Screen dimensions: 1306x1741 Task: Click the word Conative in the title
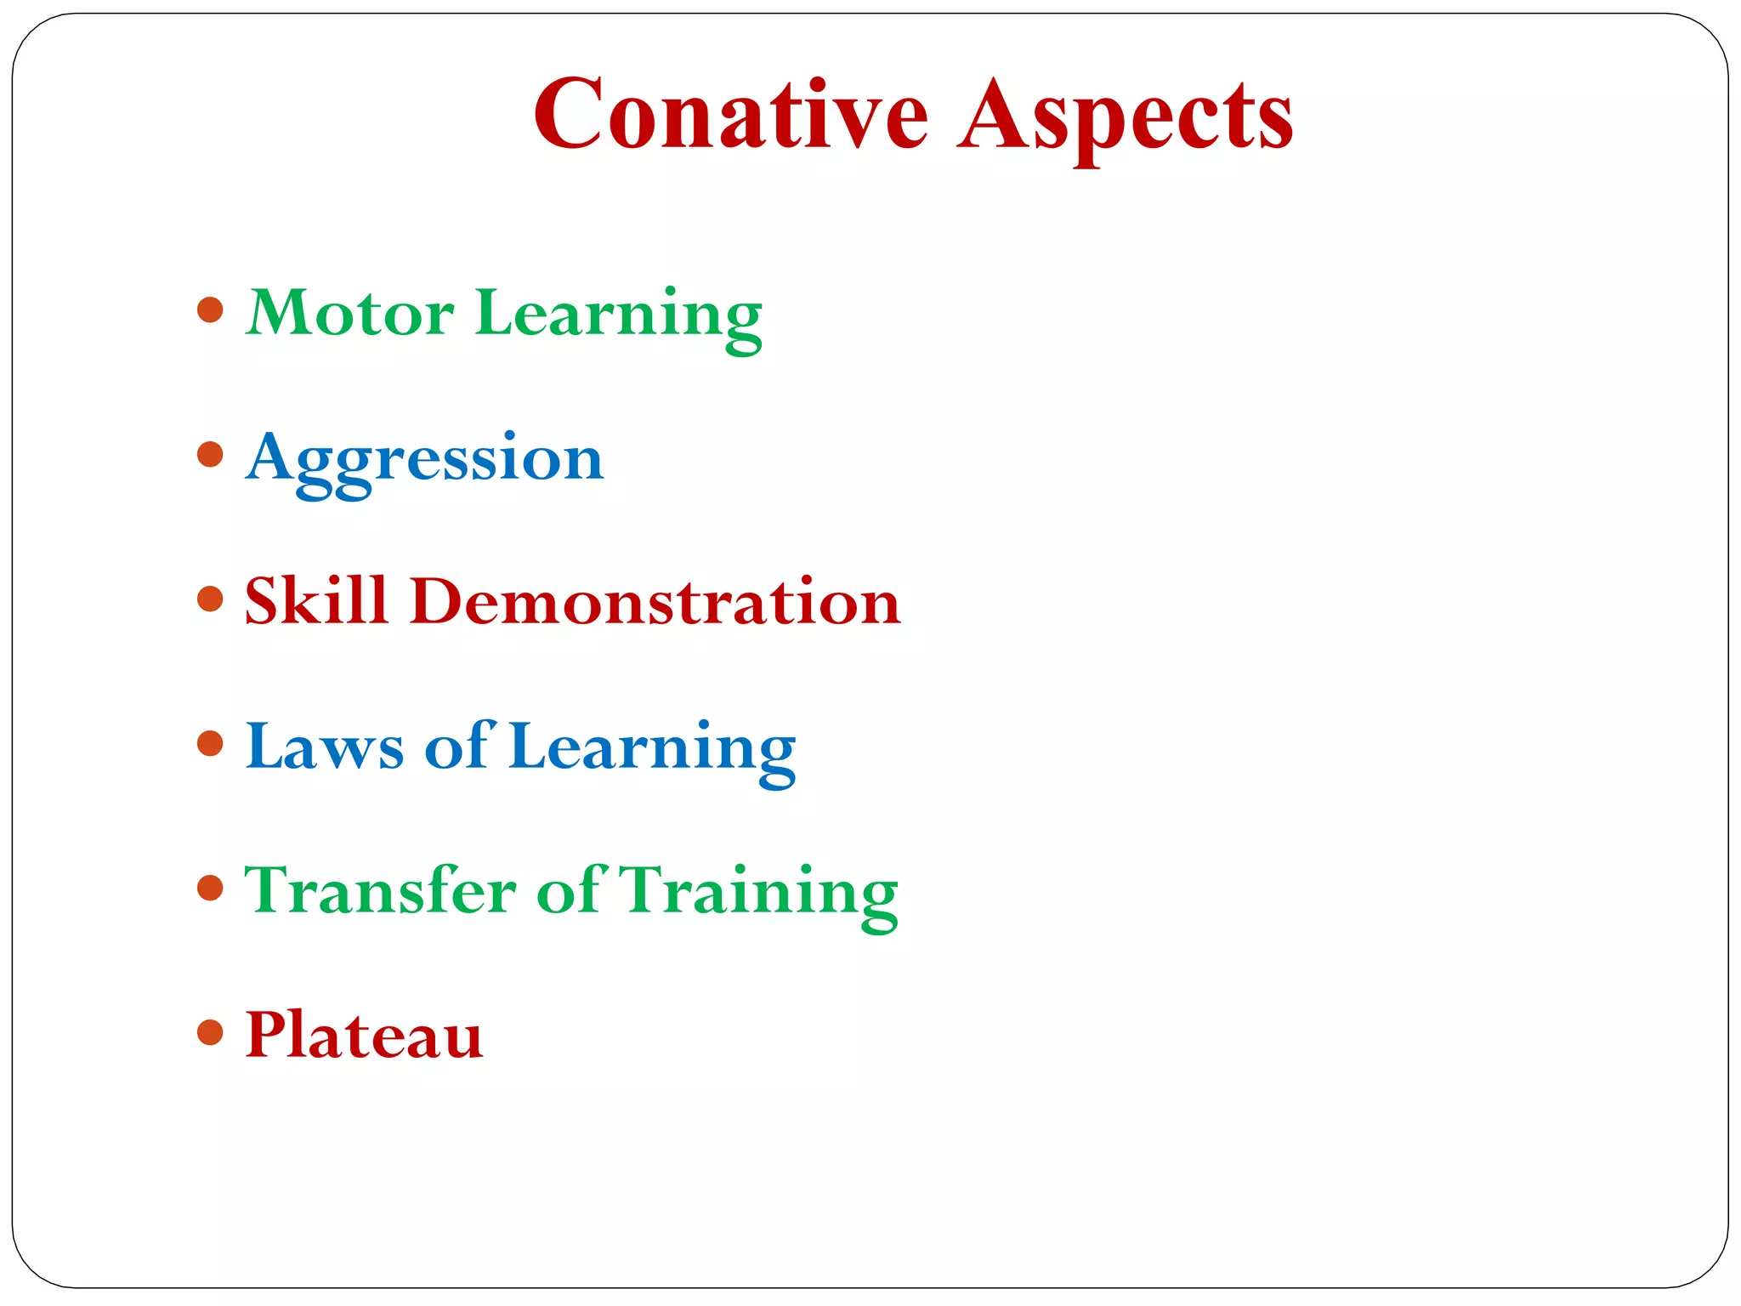click(731, 115)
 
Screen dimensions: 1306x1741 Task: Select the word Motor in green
click(349, 313)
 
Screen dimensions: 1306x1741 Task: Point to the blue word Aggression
click(424, 459)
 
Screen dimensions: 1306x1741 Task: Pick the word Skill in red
click(316, 601)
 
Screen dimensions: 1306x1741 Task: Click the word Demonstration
click(655, 601)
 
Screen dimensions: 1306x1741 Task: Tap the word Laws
click(324, 747)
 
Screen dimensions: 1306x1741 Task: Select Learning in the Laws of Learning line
click(652, 748)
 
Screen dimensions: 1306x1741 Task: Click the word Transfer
click(380, 890)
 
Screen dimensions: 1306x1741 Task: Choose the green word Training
click(758, 893)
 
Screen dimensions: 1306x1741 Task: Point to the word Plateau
click(364, 1035)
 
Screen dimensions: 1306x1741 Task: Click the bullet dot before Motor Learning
click(210, 309)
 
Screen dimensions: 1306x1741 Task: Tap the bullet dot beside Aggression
click(210, 454)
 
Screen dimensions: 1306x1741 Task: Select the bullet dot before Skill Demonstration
click(210, 599)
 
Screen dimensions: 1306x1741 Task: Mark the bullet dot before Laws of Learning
click(210, 744)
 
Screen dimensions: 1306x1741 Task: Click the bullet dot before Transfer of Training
click(210, 889)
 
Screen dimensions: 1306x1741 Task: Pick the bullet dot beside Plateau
click(210, 1033)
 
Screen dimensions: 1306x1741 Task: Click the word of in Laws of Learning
click(457, 746)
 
